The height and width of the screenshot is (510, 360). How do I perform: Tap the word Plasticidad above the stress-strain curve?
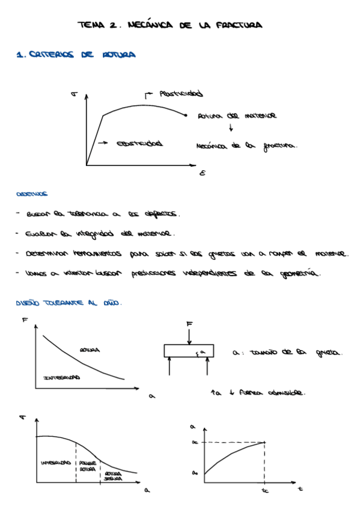180,94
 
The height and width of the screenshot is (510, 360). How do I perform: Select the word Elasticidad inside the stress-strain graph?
139,144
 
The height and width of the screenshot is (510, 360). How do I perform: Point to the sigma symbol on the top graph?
73,94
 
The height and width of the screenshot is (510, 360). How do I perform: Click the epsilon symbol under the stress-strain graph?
202,174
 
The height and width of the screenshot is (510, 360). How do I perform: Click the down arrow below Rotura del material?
231,127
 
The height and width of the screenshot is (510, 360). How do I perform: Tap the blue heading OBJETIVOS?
32,194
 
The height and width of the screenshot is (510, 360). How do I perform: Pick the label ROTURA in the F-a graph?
90,349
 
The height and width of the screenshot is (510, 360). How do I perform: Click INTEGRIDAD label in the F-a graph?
62,377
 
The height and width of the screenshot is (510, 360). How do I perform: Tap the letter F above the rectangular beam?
189,324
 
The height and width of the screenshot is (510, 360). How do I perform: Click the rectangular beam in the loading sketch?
189,351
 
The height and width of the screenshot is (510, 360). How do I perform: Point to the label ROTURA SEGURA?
113,476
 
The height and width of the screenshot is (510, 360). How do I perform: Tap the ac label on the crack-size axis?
194,443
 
